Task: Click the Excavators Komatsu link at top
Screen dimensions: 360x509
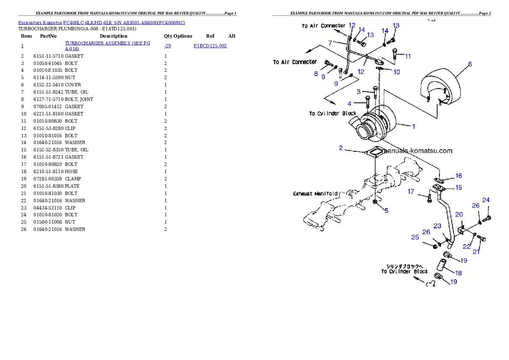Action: point(101,23)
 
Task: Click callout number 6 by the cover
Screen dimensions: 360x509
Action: point(470,64)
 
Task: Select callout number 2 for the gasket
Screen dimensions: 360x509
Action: point(340,148)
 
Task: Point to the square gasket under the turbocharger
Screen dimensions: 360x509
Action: point(373,153)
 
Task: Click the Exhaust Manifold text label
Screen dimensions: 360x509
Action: point(315,194)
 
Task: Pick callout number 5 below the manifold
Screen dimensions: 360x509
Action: point(386,210)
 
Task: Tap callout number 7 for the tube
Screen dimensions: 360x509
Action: point(330,43)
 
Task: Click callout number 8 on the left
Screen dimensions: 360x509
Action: point(316,74)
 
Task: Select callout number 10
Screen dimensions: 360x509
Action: point(397,72)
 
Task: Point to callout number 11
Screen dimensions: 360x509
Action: point(408,56)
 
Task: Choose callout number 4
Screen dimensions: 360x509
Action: point(349,103)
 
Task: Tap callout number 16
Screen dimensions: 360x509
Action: point(459,176)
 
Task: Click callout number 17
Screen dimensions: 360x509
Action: point(411,192)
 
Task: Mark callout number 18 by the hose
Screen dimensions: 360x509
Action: point(458,273)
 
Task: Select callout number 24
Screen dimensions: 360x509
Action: point(486,200)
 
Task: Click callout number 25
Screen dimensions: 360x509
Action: point(415,237)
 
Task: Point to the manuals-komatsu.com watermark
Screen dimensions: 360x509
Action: point(417,150)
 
